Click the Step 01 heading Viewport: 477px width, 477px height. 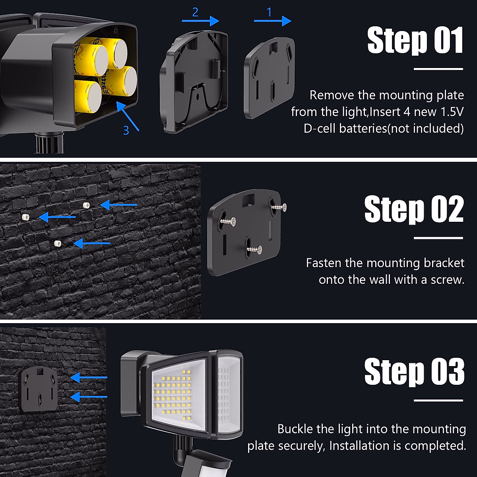[x=415, y=41]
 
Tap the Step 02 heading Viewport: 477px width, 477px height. [x=414, y=209]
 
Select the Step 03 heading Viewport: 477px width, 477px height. [x=414, y=372]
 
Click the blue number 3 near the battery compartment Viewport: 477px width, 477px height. [x=126, y=130]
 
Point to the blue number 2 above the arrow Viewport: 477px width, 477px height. [x=195, y=12]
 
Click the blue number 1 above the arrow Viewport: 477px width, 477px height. [x=269, y=12]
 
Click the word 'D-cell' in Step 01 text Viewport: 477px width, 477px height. [x=320, y=128]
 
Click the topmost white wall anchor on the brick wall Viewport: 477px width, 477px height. [x=86, y=205]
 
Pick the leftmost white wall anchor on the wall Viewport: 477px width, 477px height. [x=25, y=217]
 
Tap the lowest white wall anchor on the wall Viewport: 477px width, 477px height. [x=58, y=243]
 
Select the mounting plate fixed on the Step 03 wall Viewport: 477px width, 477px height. [x=39, y=389]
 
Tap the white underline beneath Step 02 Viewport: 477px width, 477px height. [x=438, y=238]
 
